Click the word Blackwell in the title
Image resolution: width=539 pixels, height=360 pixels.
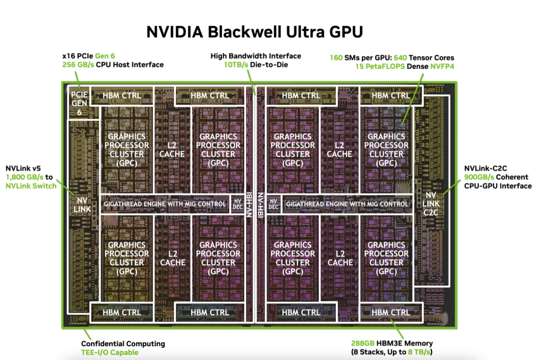(x=241, y=31)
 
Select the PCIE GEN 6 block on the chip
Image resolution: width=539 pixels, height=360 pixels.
(x=79, y=103)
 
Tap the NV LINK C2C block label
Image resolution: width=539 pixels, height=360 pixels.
(x=431, y=204)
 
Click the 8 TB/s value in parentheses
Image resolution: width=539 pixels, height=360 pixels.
(x=419, y=352)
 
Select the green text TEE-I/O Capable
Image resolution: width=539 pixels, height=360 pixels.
(x=110, y=352)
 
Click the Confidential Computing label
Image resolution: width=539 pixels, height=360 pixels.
(x=123, y=344)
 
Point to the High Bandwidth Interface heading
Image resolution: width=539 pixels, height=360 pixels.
(x=256, y=56)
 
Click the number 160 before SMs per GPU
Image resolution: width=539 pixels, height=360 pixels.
(x=336, y=57)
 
